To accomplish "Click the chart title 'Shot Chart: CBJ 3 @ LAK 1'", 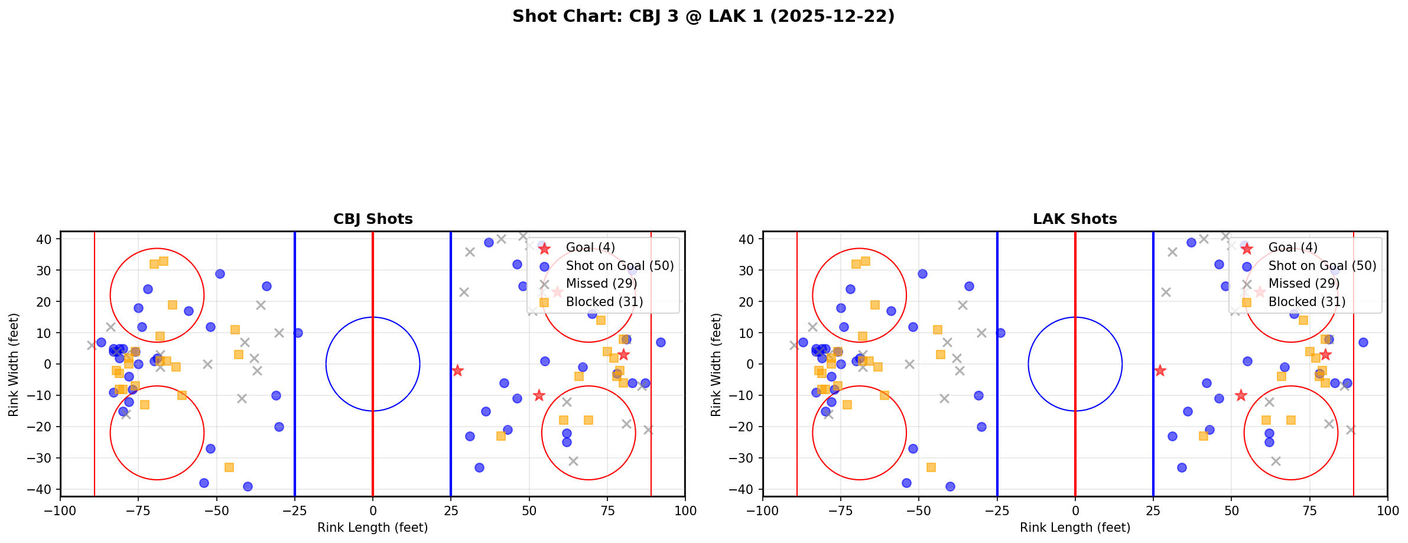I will [x=703, y=17].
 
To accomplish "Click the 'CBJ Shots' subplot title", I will [x=373, y=219].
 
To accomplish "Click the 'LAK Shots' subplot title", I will [x=1075, y=219].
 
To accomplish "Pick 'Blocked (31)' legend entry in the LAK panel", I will [x=1307, y=302].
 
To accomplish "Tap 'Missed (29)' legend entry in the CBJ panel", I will [x=601, y=284].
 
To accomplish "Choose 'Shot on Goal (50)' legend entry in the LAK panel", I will [x=1322, y=266].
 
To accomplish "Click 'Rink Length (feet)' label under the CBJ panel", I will [x=373, y=528].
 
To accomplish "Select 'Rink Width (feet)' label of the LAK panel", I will [x=716, y=365].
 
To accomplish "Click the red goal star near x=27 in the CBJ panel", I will [x=457, y=370].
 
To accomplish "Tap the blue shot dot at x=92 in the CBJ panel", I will [x=660, y=342].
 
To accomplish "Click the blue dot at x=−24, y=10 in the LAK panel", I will [x=1000, y=333].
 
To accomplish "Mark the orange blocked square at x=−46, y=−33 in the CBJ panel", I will [x=229, y=467].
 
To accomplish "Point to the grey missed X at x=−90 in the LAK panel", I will [x=794, y=345].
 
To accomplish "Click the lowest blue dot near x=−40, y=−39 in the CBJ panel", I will [x=248, y=486].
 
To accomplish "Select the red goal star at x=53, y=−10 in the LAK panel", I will [x=1241, y=395].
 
